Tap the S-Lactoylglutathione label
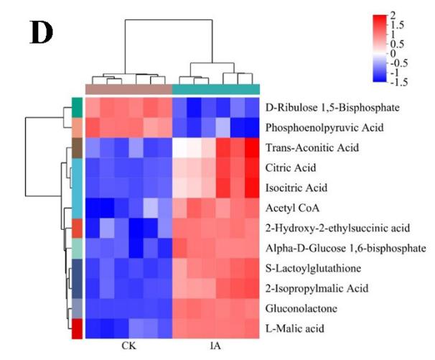310,269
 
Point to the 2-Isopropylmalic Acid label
312,290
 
